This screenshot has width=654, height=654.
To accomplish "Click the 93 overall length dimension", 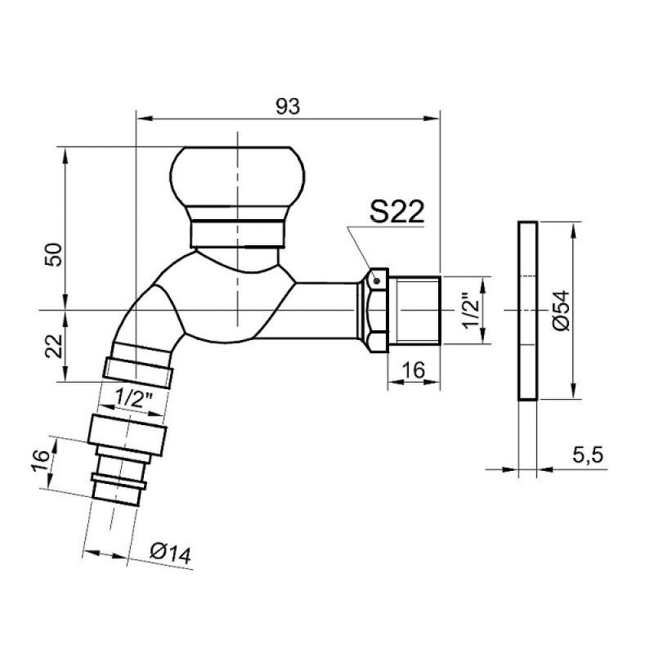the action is coord(288,106).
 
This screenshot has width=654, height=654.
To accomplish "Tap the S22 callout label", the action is coord(396,211).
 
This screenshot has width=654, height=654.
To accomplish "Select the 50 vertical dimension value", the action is coord(54,254).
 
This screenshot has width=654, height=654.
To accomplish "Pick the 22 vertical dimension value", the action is coord(54,346).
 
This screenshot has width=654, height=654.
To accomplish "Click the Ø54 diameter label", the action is coord(562,311).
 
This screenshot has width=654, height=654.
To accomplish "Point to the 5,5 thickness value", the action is coord(588,455).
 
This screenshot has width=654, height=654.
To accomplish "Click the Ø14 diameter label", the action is coord(171,553).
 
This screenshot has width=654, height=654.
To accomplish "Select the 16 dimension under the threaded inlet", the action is coord(414,370).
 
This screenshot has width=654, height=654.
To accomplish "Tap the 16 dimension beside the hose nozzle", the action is coord(41,460).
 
